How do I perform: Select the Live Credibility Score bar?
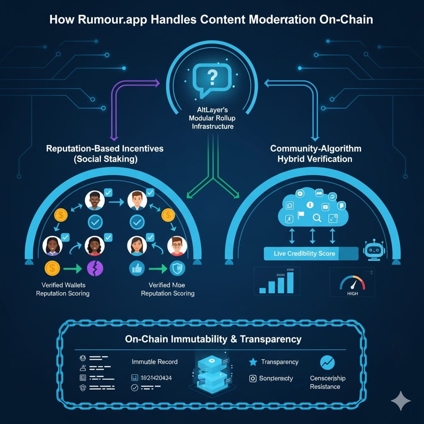(311, 253)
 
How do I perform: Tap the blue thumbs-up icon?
(136, 268)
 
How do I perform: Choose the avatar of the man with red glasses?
(177, 246)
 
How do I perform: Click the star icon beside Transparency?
(253, 362)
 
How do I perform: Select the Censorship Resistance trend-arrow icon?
(328, 362)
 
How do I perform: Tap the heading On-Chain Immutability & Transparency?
(213, 339)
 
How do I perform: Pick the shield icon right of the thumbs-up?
(178, 268)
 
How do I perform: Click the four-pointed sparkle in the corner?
(401, 401)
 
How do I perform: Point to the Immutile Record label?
(154, 361)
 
